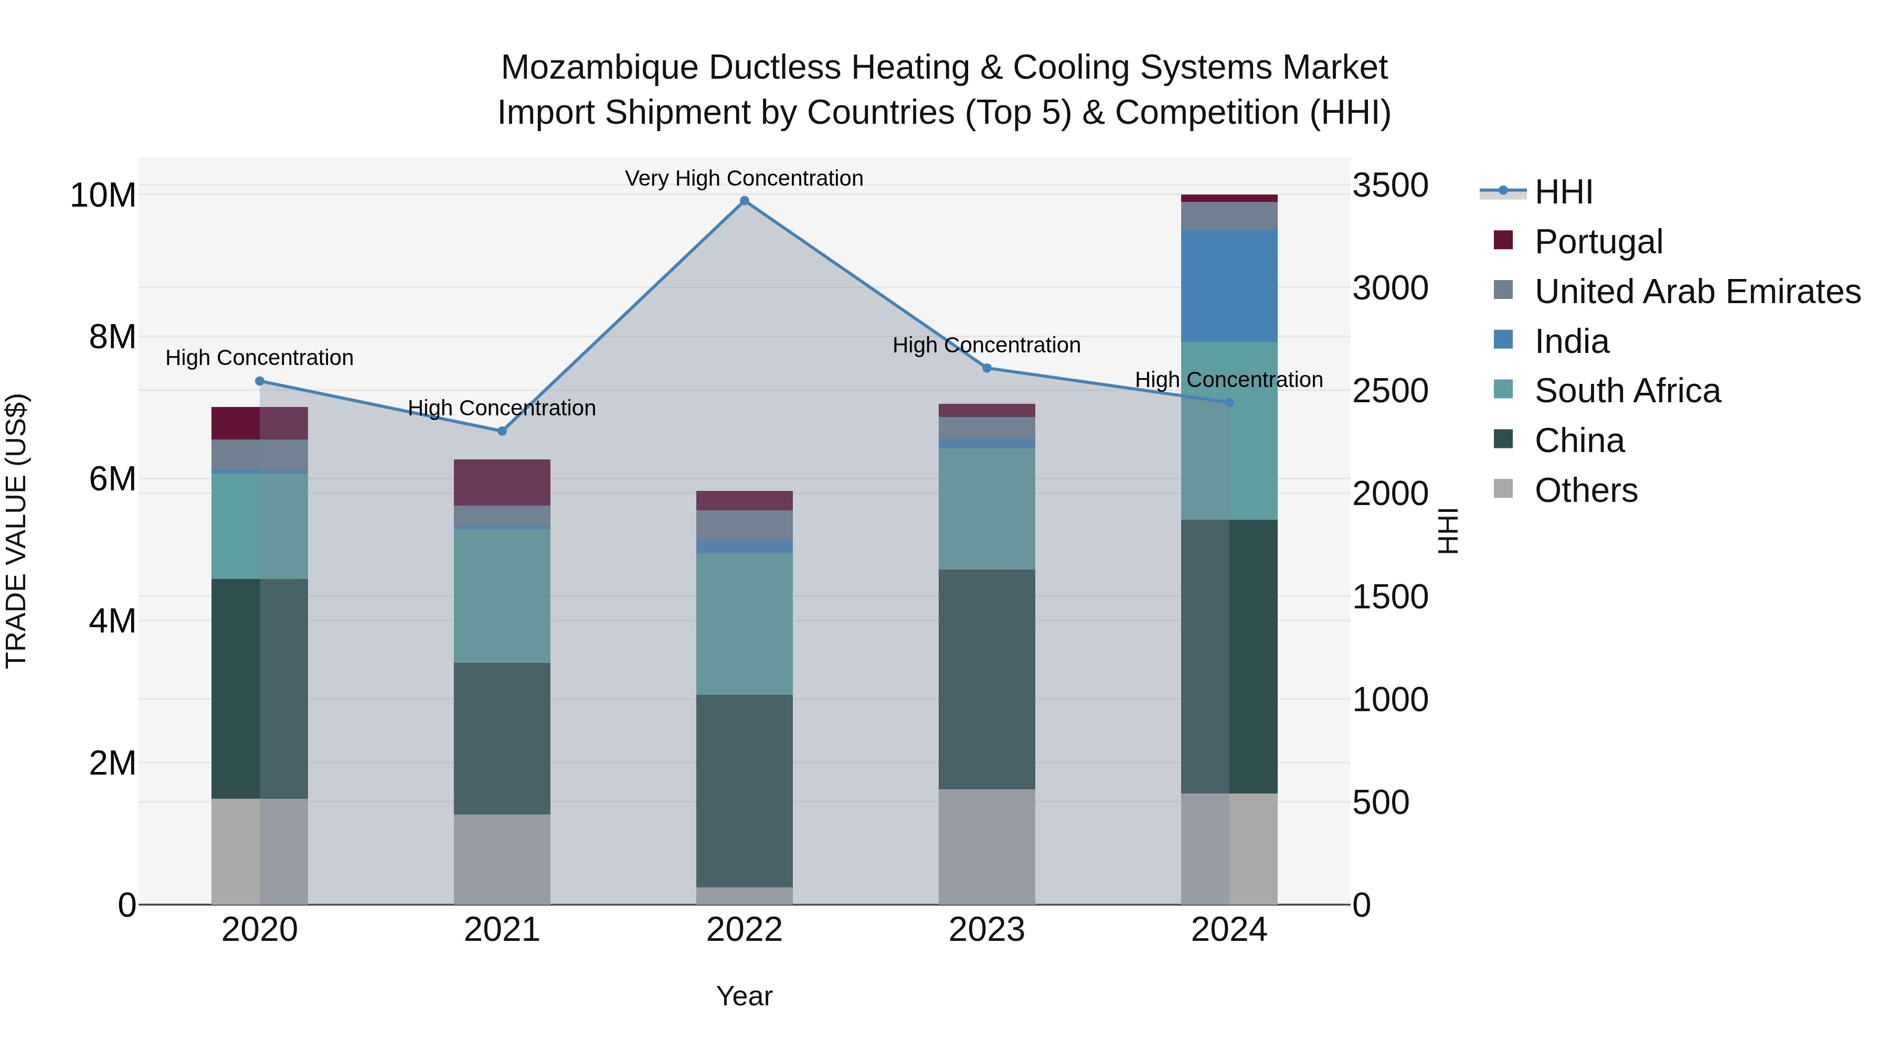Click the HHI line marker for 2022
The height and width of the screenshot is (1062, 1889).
coord(744,201)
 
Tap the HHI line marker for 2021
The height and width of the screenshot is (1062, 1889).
coord(502,431)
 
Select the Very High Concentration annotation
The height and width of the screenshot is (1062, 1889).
coord(744,178)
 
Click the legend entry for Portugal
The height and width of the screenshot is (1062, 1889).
coord(1599,241)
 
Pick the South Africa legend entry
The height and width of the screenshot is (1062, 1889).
coord(1627,391)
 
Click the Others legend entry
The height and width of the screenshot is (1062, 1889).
coord(1585,490)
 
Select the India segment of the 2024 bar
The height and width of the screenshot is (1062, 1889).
coord(1229,286)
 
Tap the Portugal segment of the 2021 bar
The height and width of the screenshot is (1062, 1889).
coord(502,482)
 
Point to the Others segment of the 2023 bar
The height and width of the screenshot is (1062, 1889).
coord(986,846)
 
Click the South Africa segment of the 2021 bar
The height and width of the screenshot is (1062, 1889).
coord(502,595)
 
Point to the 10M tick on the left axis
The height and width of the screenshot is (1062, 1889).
coord(103,196)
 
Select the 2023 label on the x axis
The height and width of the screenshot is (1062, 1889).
coord(986,930)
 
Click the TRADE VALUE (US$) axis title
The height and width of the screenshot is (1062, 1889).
coord(16,531)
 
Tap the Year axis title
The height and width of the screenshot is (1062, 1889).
coord(744,996)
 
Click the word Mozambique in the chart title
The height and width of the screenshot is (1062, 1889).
coord(599,68)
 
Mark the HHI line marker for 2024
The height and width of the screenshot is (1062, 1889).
coord(1229,402)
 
